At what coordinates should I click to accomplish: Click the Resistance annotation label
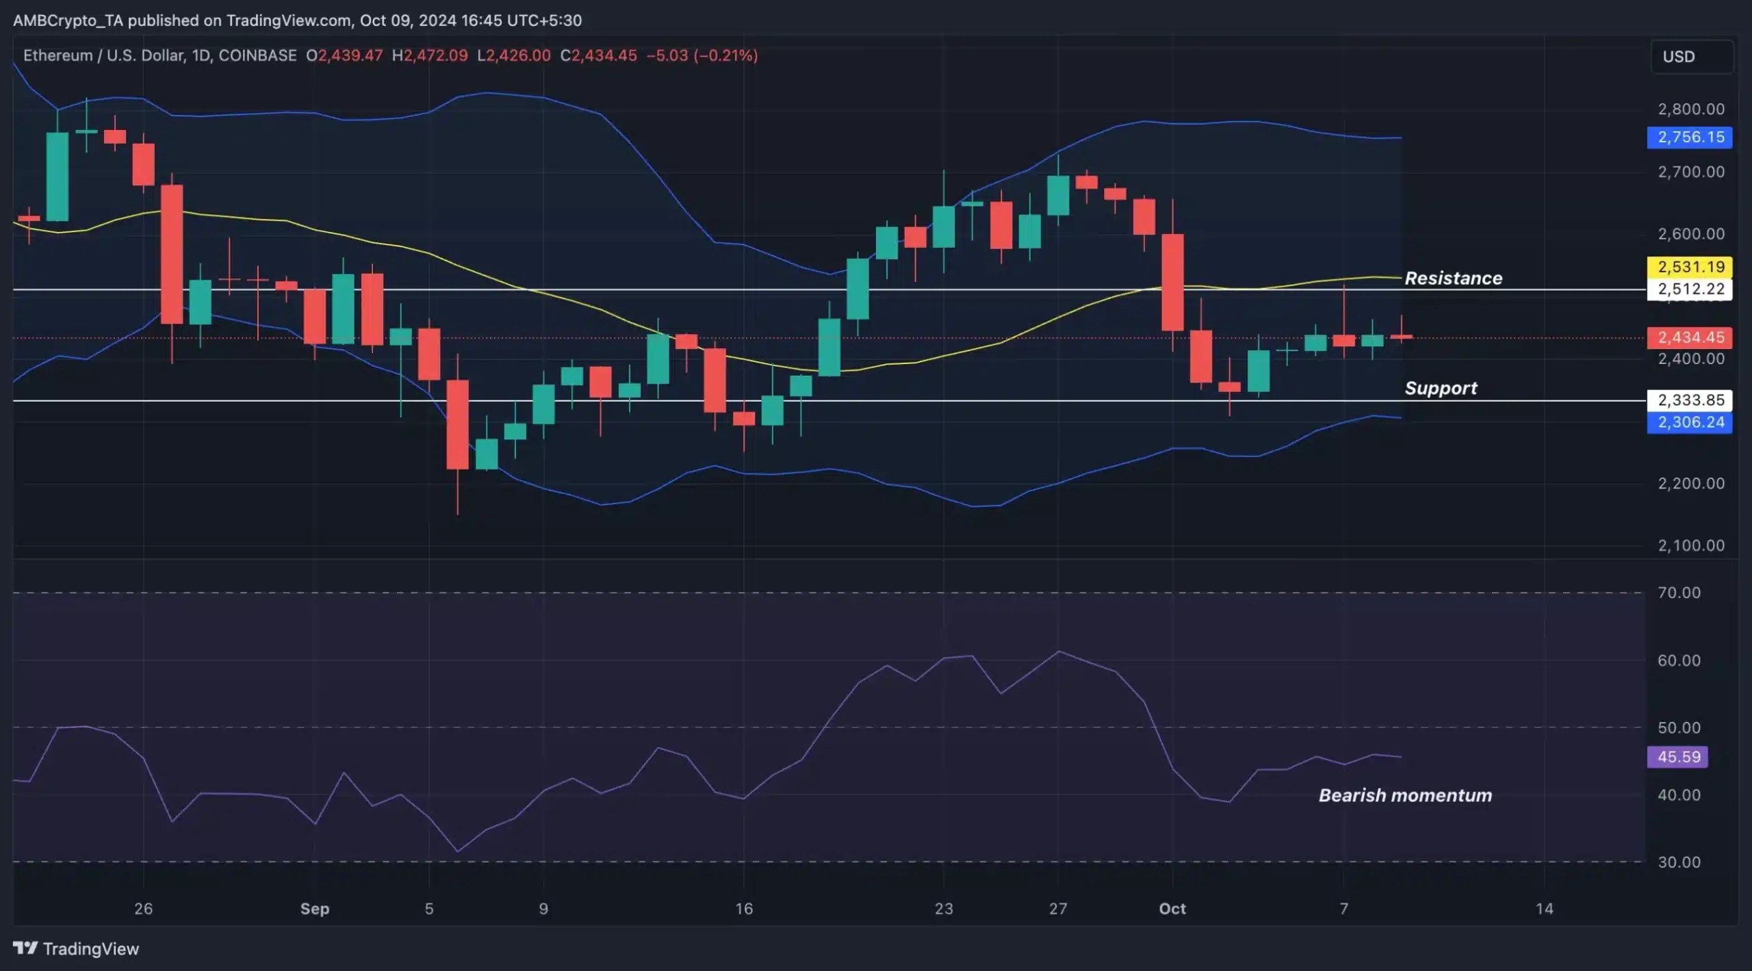(x=1453, y=278)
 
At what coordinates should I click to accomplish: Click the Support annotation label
(x=1441, y=388)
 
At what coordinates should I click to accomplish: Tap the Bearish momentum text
(x=1405, y=795)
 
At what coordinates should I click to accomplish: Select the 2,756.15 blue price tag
(x=1690, y=137)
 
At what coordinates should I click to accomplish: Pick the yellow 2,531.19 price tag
(x=1690, y=266)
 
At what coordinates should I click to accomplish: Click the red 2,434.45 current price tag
(x=1690, y=337)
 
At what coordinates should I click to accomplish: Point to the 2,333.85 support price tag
(x=1690, y=400)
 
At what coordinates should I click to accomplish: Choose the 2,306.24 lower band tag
(x=1690, y=422)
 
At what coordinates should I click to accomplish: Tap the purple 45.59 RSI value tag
(x=1677, y=757)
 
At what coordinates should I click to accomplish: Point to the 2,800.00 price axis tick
(x=1690, y=109)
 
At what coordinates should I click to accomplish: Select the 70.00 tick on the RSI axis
(x=1679, y=593)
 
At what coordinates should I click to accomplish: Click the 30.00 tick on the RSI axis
(x=1679, y=862)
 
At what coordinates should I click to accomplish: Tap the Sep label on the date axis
(x=315, y=909)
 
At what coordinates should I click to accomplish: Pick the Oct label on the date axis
(x=1172, y=909)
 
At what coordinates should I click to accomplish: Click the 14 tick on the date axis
(x=1544, y=909)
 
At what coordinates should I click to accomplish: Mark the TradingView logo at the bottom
(x=76, y=948)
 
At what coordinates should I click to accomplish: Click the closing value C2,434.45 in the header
(x=598, y=55)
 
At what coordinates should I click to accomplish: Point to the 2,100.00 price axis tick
(x=1690, y=545)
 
